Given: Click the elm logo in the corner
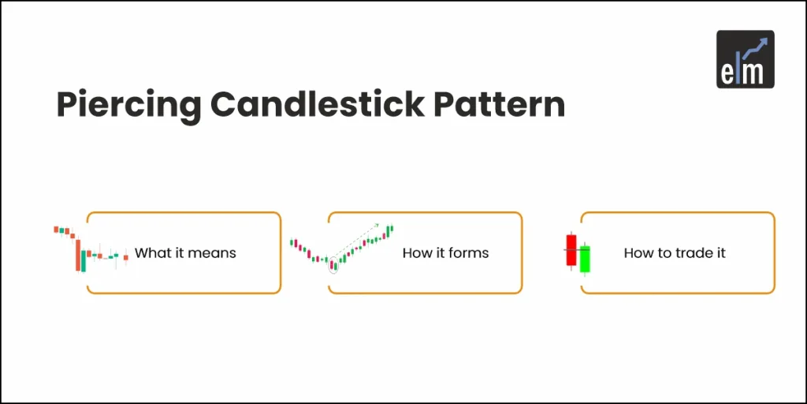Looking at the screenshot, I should point(745,59).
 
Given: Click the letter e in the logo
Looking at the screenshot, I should point(727,73).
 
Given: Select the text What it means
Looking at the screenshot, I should point(185,253).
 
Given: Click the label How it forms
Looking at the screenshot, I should point(445,253).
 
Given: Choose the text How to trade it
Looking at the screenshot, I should point(675,253).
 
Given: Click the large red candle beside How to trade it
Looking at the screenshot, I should point(571,249).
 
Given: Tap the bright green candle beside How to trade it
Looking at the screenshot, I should point(585,259).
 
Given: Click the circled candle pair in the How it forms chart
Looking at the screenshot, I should point(333,264).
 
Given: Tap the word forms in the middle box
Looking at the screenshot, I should point(470,253).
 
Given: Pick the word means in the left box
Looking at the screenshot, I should point(215,253).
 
